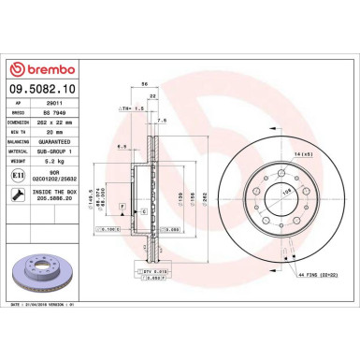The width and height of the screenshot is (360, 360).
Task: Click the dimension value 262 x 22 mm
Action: (67, 121)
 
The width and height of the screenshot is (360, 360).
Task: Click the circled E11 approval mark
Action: (17, 174)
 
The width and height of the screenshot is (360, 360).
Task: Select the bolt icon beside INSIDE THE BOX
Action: (17, 194)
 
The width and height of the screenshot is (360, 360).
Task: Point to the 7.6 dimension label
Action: (162, 121)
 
